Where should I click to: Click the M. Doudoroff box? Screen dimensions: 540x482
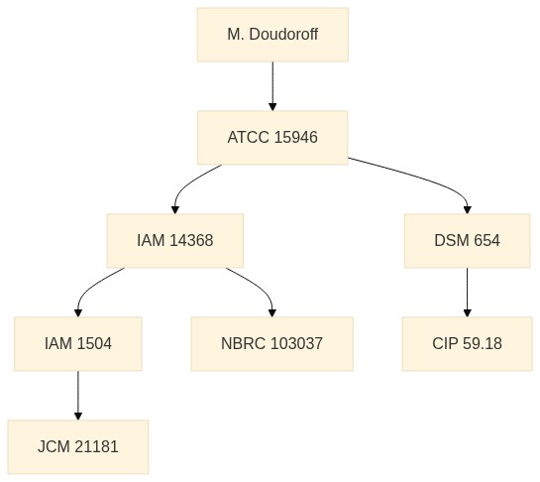click(x=272, y=35)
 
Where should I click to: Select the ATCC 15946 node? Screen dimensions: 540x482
click(x=272, y=138)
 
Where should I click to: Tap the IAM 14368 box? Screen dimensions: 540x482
click(x=175, y=241)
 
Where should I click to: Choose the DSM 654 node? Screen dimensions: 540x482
click(x=467, y=241)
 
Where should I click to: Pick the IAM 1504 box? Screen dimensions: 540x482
click(x=78, y=344)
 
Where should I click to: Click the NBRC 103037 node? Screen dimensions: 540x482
click(x=272, y=344)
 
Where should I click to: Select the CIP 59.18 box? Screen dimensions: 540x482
click(x=467, y=344)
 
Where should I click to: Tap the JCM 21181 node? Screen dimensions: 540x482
click(x=78, y=447)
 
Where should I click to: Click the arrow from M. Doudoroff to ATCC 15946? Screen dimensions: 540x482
click(x=272, y=86)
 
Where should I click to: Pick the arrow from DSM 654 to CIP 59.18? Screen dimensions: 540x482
click(x=467, y=292)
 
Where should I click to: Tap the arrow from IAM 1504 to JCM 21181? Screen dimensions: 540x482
click(x=78, y=396)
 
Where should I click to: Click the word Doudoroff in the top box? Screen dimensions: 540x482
click(x=283, y=35)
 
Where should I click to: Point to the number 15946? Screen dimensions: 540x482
click(x=296, y=138)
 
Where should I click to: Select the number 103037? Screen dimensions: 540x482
click(x=297, y=344)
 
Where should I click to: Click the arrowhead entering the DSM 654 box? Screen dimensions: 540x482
click(x=467, y=209)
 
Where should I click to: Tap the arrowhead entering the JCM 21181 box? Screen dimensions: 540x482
click(x=78, y=416)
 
